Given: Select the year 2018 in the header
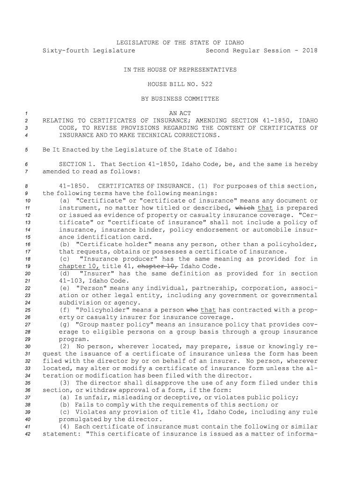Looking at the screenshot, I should click(309, 50).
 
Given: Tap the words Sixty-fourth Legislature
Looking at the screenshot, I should click(89, 50).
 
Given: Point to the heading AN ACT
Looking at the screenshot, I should click(180, 113).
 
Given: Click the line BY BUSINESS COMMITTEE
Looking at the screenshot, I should click(180, 99).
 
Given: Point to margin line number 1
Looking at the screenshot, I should click(27, 113).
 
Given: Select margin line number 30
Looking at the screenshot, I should click(27, 347).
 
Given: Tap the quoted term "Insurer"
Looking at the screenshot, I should click(98, 274).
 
